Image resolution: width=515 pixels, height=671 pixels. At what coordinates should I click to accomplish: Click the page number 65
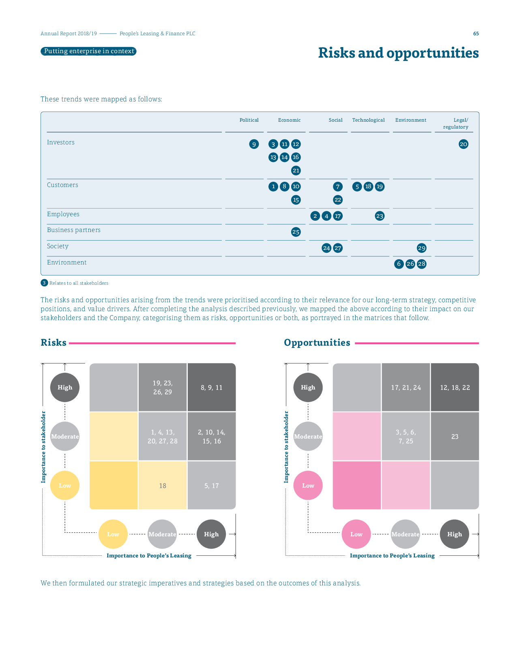(x=476, y=34)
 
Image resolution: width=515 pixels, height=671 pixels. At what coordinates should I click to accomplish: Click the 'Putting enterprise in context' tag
(x=88, y=51)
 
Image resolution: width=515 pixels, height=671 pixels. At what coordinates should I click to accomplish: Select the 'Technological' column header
(x=368, y=120)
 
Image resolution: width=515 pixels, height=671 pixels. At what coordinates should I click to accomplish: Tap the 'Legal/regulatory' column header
(x=456, y=123)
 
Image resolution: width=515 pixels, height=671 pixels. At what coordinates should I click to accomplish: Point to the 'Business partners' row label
(x=74, y=230)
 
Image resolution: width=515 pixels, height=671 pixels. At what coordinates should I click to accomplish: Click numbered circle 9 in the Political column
(x=254, y=144)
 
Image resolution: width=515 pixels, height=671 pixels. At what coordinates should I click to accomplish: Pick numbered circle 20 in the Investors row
(x=463, y=144)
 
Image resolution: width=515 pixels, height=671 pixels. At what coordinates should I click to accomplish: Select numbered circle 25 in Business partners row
(x=296, y=232)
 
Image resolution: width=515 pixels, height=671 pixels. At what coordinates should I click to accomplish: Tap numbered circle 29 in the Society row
(x=422, y=248)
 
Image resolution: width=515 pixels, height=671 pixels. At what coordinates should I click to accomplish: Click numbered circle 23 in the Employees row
(x=380, y=216)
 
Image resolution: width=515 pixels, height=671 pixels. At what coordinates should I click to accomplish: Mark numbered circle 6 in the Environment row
(x=399, y=264)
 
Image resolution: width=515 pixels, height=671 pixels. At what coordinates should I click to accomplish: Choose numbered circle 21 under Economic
(x=296, y=170)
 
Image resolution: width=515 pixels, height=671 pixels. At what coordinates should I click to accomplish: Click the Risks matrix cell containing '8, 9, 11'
(x=211, y=387)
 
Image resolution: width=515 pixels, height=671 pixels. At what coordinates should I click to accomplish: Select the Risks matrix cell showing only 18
(x=163, y=486)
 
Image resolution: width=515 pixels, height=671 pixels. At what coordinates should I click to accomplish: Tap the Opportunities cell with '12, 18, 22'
(x=455, y=387)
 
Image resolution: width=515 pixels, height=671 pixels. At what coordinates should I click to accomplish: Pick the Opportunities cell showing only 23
(x=455, y=437)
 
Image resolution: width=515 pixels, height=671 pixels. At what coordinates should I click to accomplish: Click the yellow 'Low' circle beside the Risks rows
(x=65, y=486)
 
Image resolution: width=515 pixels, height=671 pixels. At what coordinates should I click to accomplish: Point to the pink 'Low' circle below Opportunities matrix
(x=356, y=534)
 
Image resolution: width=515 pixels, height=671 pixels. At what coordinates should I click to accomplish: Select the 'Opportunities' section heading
(x=317, y=343)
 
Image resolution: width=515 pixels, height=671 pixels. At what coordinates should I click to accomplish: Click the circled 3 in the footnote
(x=45, y=283)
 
